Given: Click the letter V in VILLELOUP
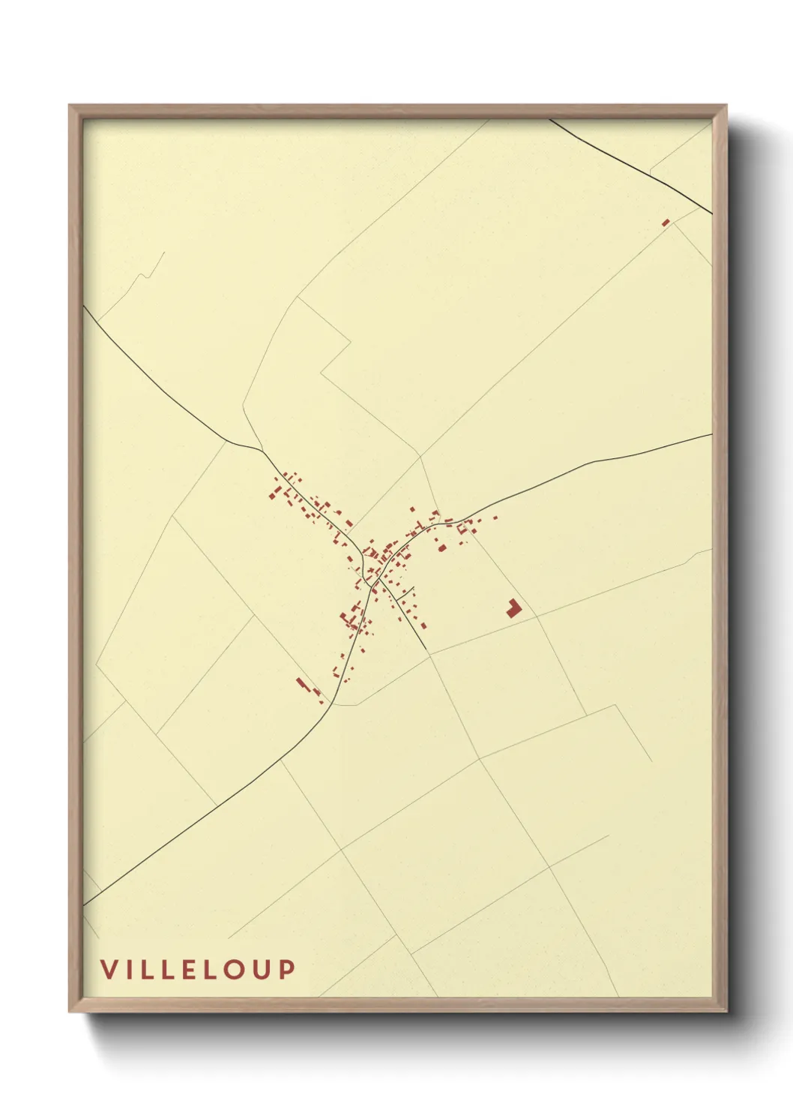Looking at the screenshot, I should coord(109,969).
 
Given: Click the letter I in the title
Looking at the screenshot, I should coord(128,969).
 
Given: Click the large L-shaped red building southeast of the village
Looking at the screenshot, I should coord(513,608).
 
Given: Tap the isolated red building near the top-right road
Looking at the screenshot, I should coord(665,222).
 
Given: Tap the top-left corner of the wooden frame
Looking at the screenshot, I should coord(70,107).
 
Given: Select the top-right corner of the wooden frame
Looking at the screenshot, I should coord(725,107).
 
